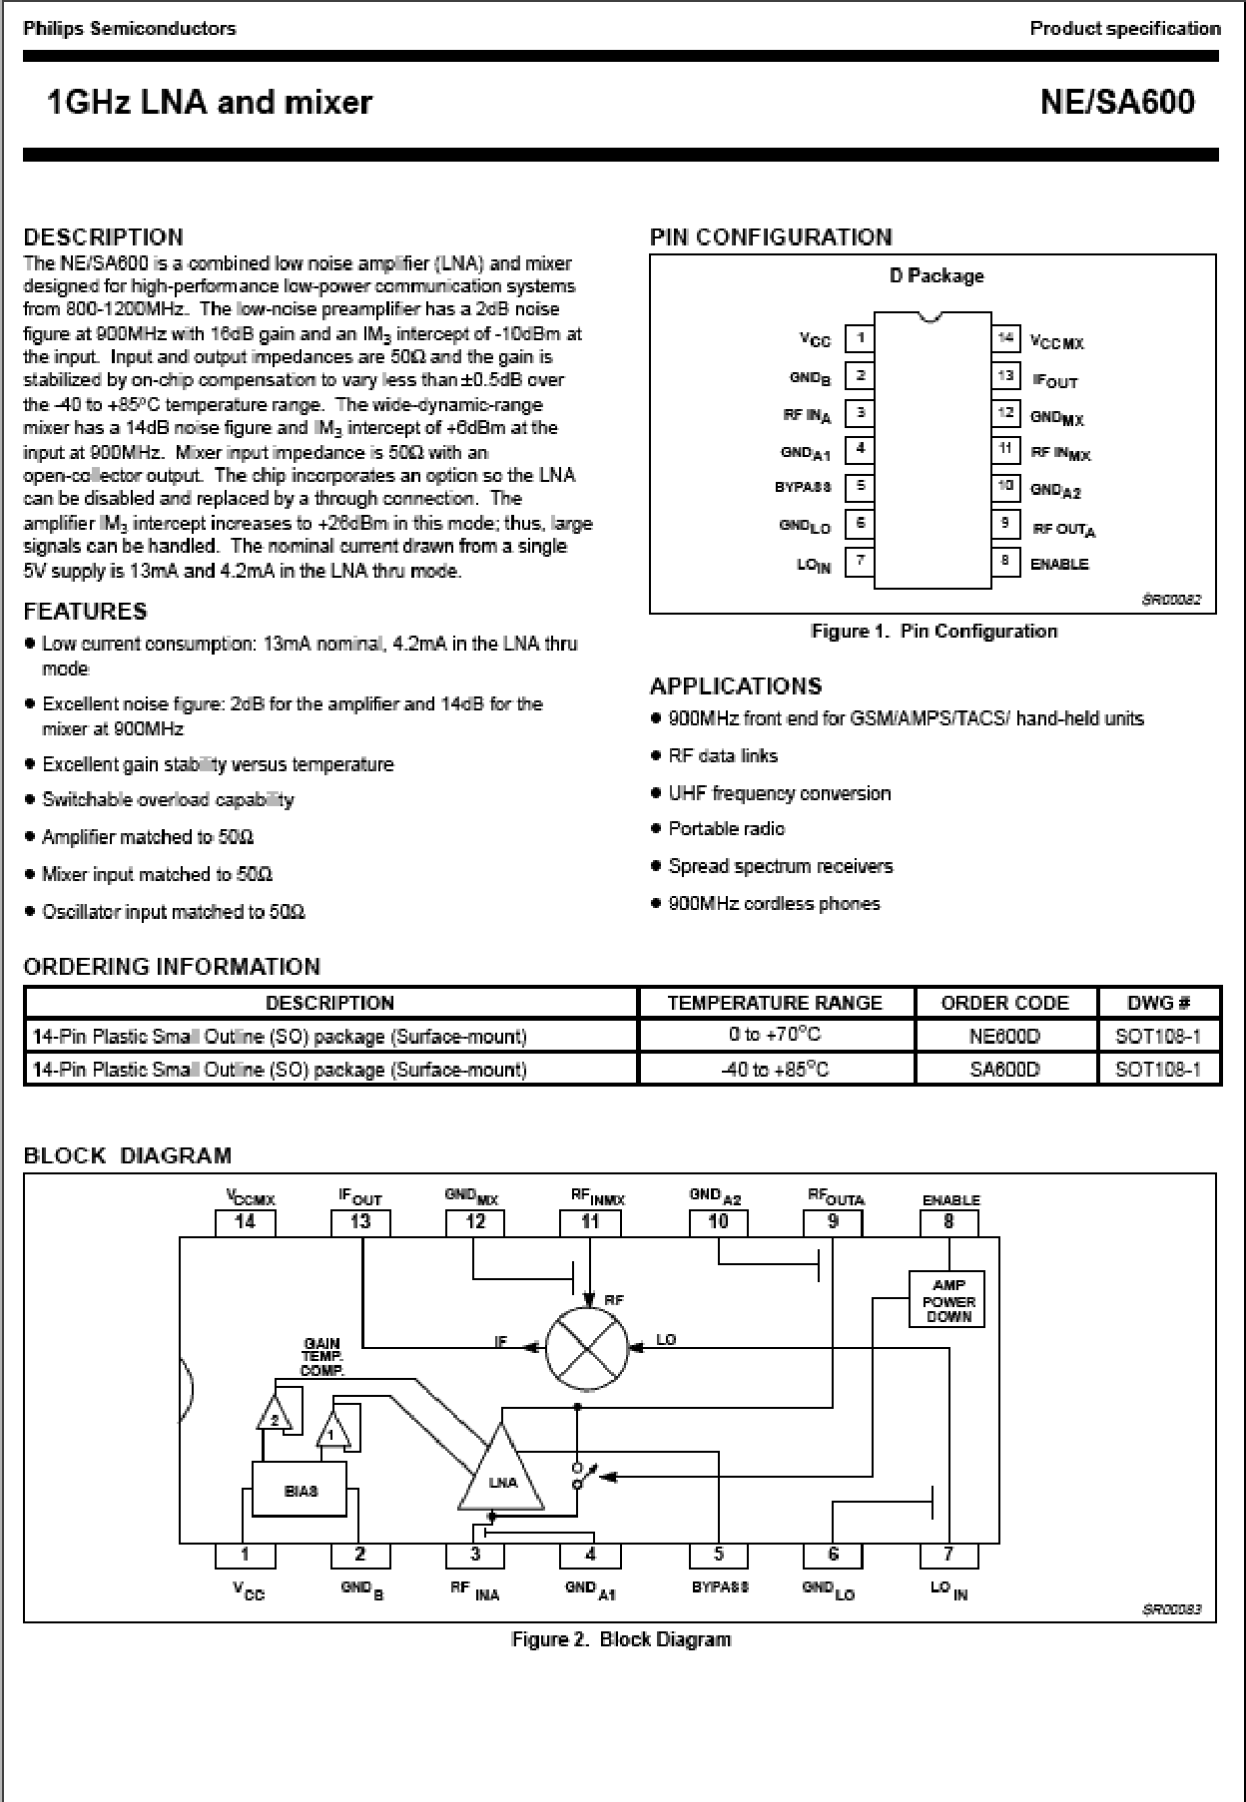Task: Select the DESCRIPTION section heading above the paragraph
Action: click(x=104, y=237)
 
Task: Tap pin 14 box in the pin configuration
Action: click(x=1005, y=338)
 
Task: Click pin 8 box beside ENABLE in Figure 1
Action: click(x=1005, y=561)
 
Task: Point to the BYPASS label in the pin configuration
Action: click(x=804, y=488)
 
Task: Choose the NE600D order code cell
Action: click(x=1004, y=1036)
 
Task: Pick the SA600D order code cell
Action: click(x=1004, y=1070)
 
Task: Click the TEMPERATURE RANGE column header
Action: click(x=775, y=1003)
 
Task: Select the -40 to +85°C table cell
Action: click(x=775, y=1070)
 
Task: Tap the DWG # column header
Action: click(x=1158, y=1003)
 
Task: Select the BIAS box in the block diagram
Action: click(x=300, y=1491)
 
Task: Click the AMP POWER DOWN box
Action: click(x=947, y=1300)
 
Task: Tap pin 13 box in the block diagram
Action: click(x=360, y=1221)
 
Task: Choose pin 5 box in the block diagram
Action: click(x=718, y=1555)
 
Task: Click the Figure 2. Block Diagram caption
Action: click(x=620, y=1639)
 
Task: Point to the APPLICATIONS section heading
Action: click(x=736, y=686)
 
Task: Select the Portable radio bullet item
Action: click(x=727, y=829)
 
